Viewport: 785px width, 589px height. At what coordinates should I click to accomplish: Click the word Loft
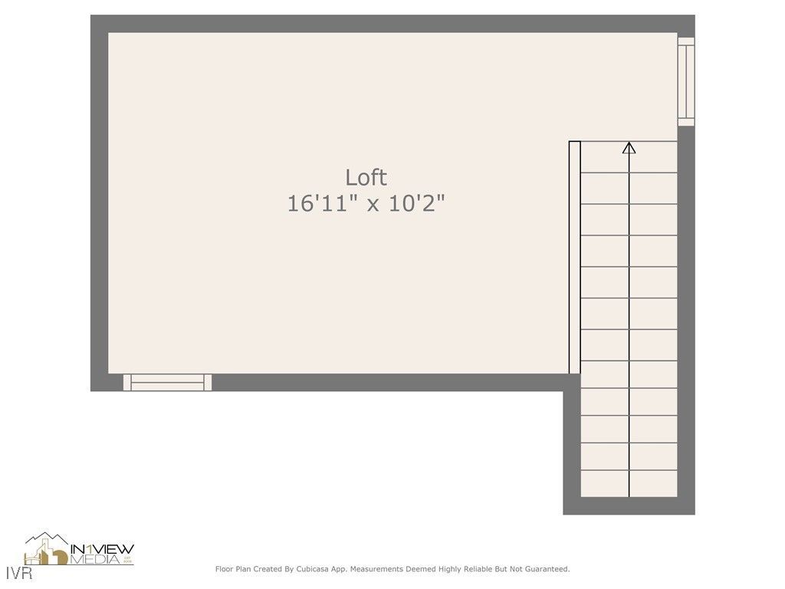366,177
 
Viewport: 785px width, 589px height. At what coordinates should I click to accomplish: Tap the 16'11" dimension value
320,203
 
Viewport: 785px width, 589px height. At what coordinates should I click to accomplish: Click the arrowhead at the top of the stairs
629,147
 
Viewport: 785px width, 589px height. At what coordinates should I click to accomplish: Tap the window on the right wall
686,81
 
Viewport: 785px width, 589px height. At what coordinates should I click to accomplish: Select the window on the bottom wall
167,382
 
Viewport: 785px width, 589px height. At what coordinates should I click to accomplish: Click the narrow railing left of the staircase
574,257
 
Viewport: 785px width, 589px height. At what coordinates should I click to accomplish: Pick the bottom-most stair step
629,484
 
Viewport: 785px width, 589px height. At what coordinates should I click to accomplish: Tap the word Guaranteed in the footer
544,569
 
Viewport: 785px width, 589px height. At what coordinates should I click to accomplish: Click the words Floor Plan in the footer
233,569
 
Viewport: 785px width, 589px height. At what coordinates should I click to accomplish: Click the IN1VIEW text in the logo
102,548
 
